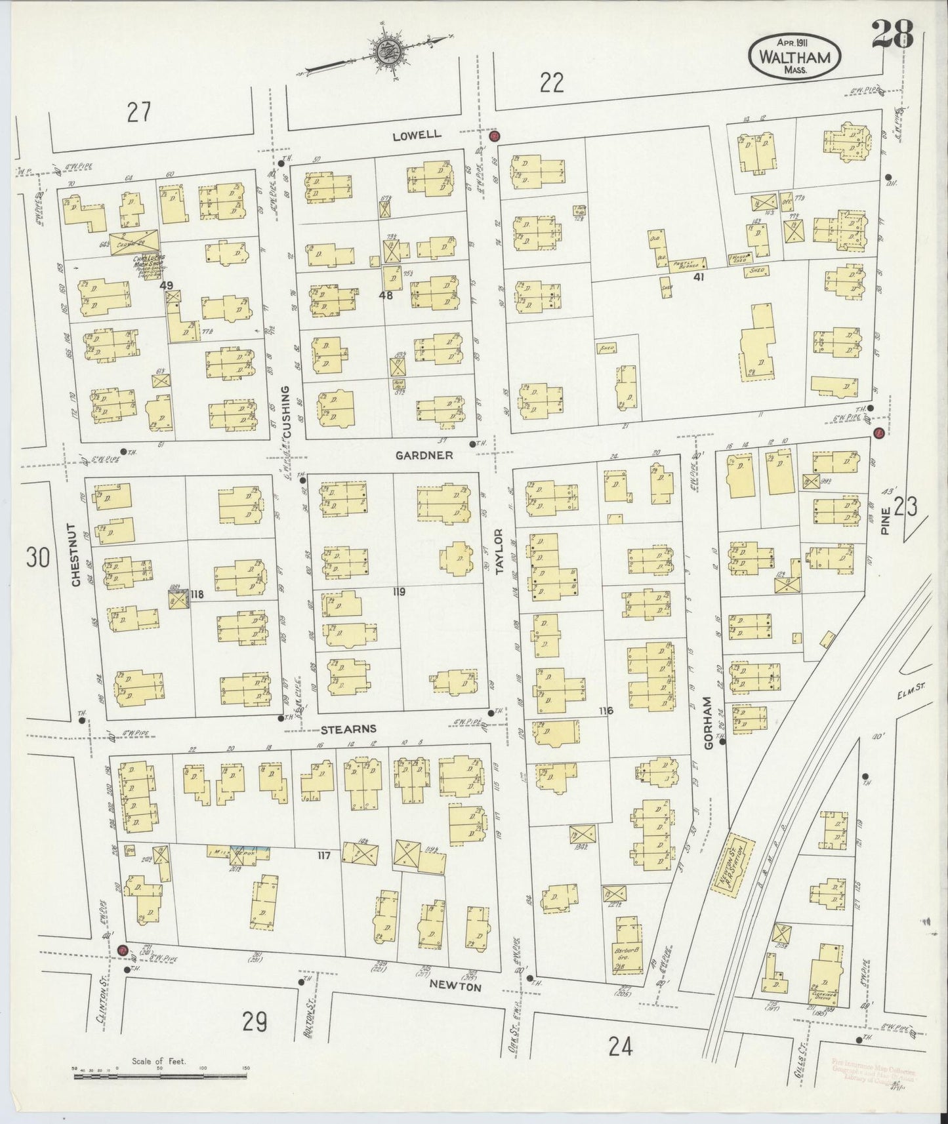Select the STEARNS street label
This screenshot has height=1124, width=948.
pos(348,729)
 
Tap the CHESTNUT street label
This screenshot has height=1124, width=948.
pos(75,555)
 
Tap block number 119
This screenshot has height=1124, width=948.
pos(398,592)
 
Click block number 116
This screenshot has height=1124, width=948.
pos(605,710)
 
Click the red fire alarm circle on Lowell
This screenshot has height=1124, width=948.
pos(495,136)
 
